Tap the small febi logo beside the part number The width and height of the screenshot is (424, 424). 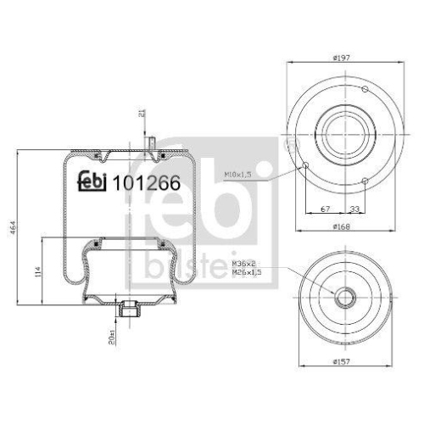93,180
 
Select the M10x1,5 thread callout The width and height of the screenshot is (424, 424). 240,174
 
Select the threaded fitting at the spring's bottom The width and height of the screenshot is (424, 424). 130,311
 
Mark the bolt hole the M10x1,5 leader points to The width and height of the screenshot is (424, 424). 304,167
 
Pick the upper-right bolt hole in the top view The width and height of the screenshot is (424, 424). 364,90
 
